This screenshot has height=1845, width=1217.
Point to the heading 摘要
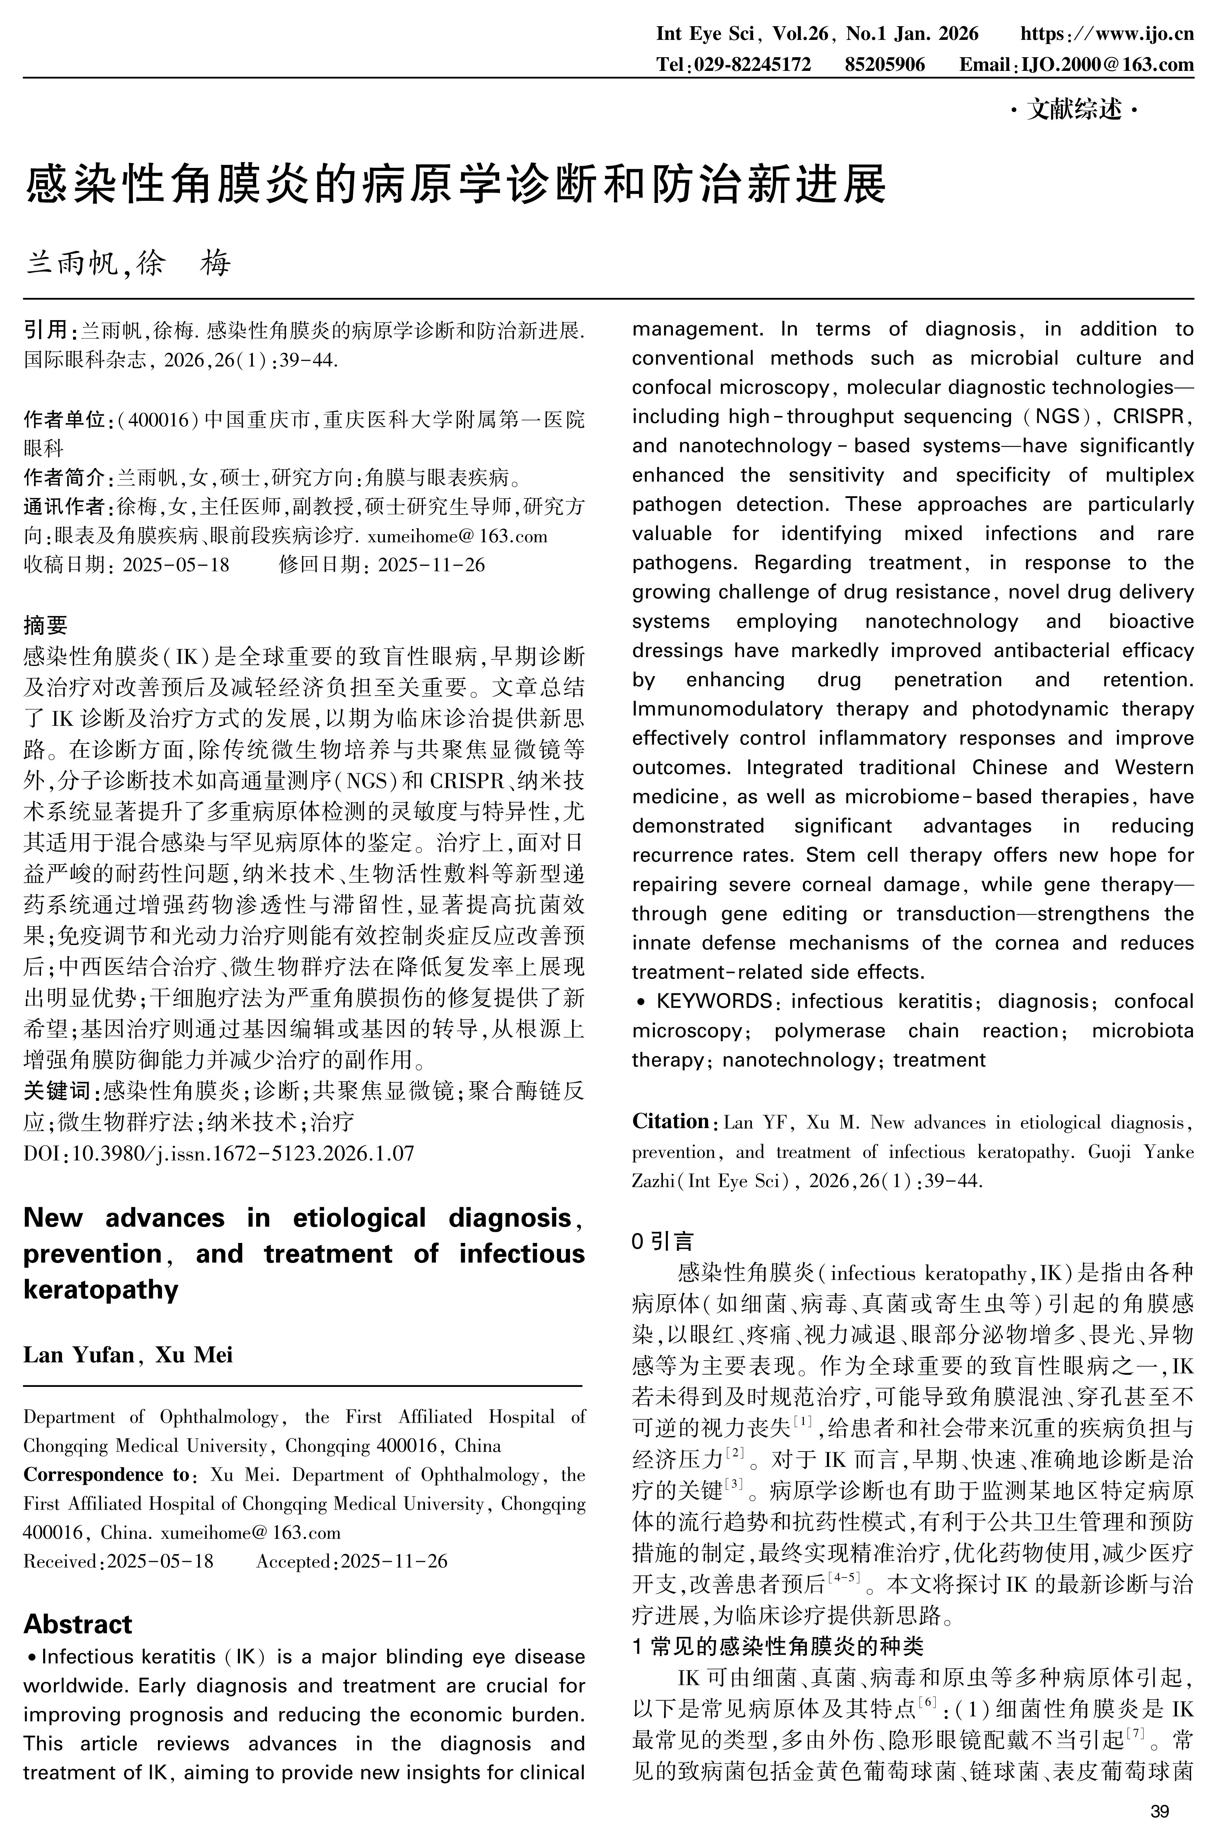45,625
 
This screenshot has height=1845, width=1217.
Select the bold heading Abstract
78,1625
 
